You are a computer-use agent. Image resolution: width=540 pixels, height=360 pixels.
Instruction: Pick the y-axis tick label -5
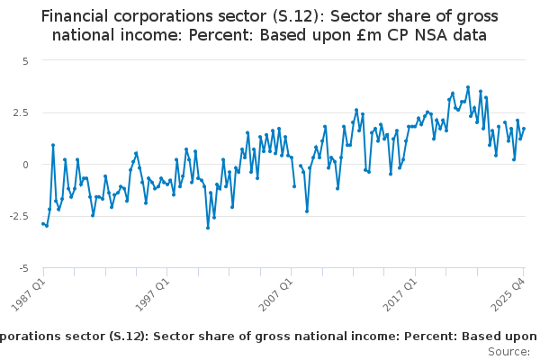pyautogui.click(x=24, y=268)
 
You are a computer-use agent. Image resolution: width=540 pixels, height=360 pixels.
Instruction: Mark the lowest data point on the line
pyautogui.click(x=208, y=228)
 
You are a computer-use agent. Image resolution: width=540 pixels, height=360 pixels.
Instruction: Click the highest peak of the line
pyautogui.click(x=468, y=87)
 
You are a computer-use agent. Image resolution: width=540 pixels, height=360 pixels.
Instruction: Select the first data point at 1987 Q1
pyautogui.click(x=42, y=223)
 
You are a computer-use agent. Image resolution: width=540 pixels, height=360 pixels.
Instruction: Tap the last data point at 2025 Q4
pyautogui.click(x=524, y=129)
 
